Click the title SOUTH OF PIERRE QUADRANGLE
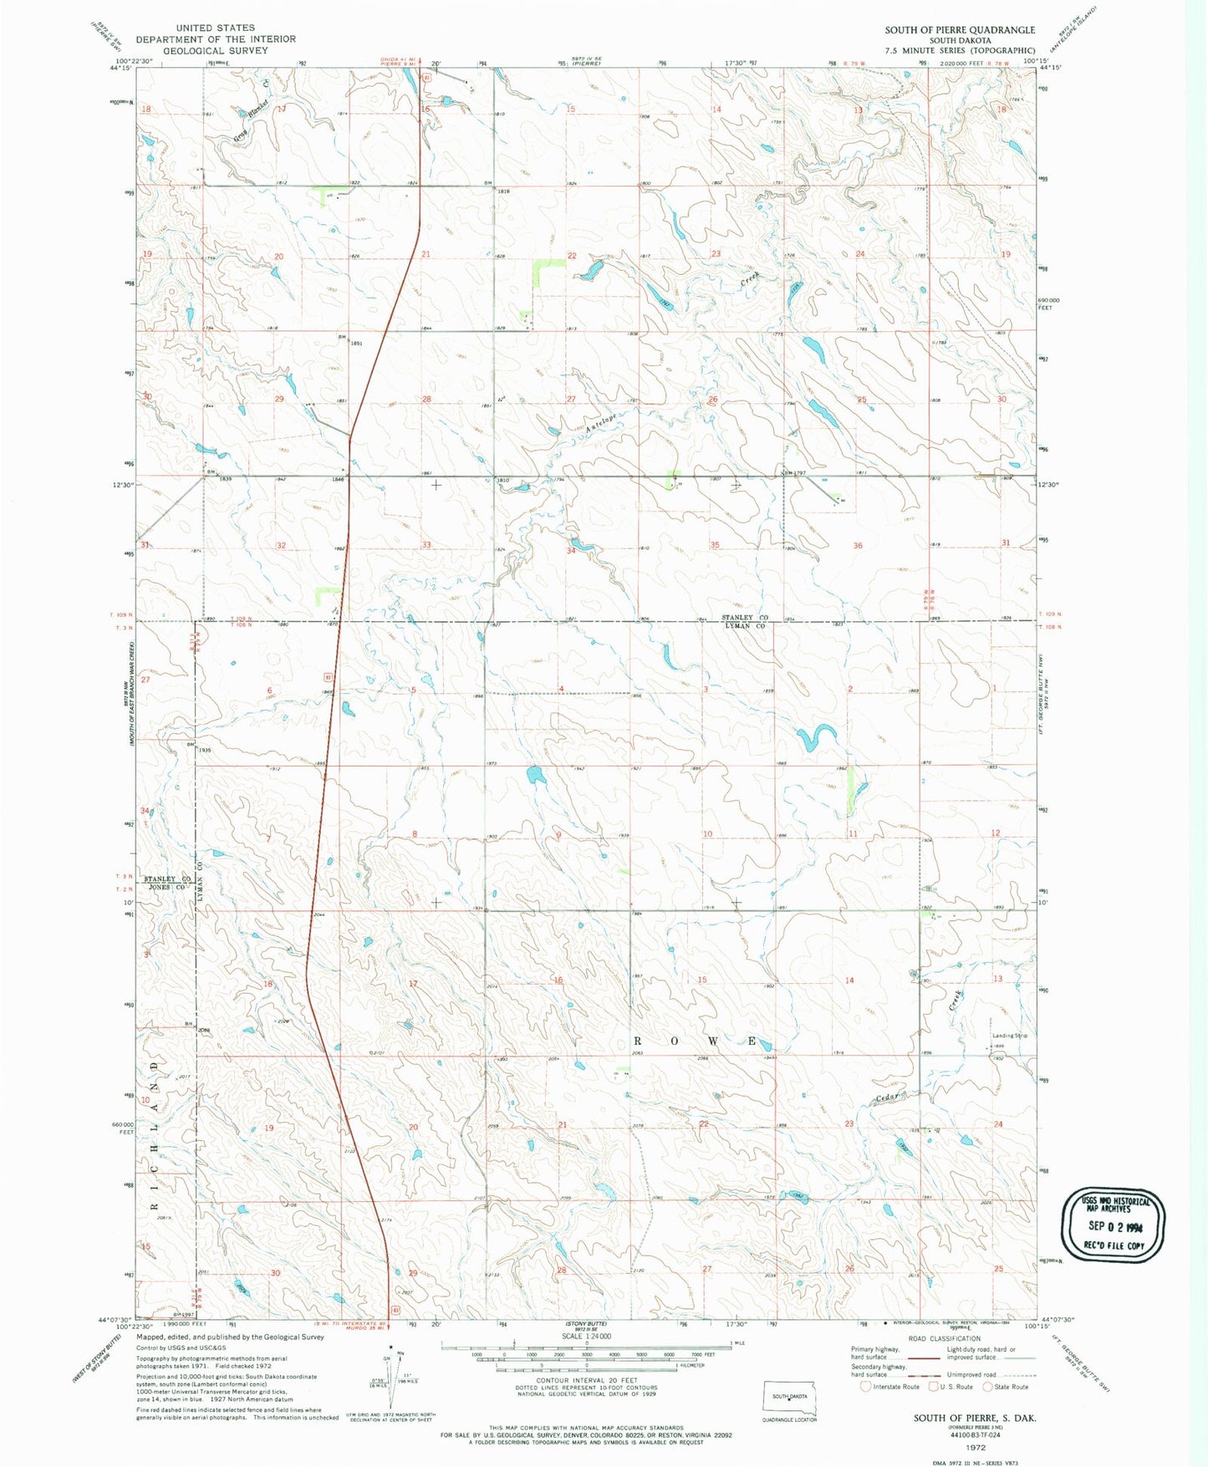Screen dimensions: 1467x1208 click(960, 29)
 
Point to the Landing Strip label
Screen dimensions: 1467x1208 click(1009, 1036)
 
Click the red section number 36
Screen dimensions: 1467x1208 click(858, 546)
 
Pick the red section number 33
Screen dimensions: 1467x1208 click(426, 545)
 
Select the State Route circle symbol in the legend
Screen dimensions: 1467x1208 click(987, 1386)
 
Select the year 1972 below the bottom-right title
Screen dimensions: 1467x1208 click(974, 1447)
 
